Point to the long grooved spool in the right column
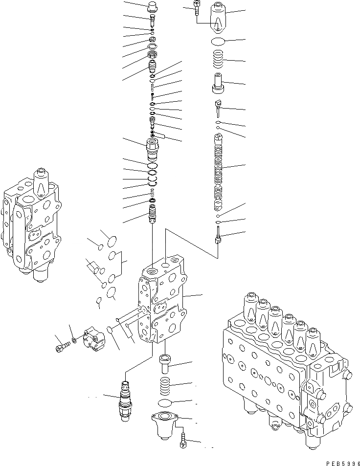(218, 171)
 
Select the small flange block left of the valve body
(93, 339)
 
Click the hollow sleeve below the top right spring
(218, 82)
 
